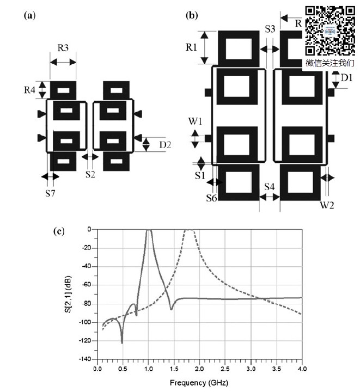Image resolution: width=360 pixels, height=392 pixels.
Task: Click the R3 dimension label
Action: click(63, 48)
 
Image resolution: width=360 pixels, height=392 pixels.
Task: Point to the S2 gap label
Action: click(90, 174)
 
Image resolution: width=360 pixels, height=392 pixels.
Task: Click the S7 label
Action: click(50, 193)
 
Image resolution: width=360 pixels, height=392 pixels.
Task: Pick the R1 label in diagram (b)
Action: click(191, 47)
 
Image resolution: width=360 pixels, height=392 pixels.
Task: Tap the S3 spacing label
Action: click(270, 29)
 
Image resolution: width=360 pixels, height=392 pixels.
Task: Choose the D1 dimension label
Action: click(346, 78)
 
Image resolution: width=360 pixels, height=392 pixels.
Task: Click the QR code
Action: click(330, 30)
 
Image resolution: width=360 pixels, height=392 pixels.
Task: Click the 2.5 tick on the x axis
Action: click(225, 370)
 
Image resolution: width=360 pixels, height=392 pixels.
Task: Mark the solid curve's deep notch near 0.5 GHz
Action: click(121, 342)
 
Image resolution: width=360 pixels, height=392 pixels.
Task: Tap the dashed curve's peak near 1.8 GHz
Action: click(189, 230)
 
